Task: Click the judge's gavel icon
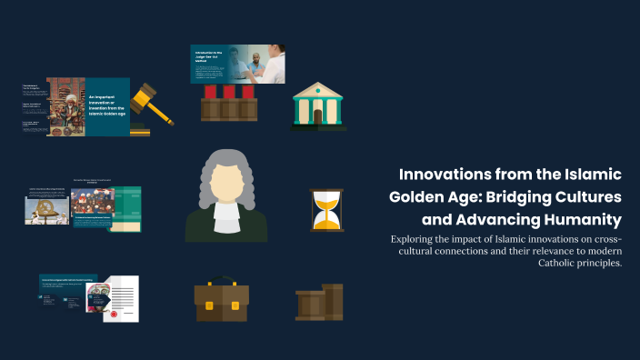152,105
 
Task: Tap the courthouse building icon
318,106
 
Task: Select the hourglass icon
326,210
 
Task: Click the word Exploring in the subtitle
416,239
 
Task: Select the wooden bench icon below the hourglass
319,302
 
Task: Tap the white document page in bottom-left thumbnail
124,299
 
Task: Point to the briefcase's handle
222,282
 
